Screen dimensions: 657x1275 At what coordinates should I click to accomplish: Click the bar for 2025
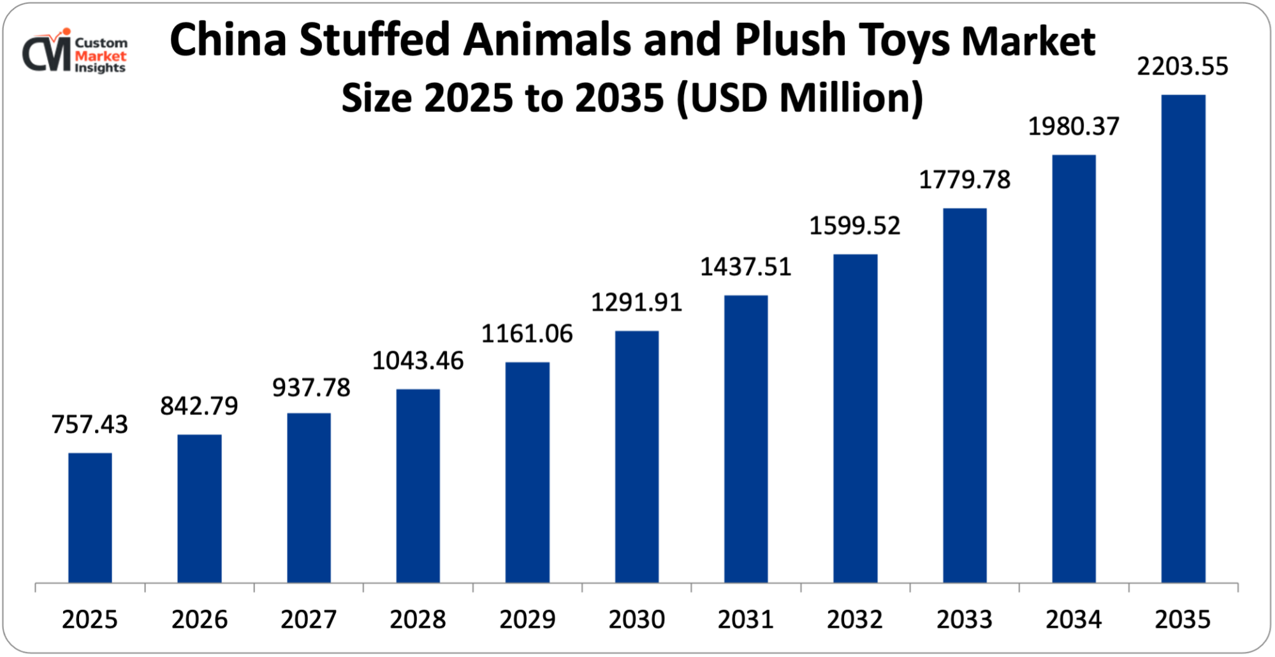point(90,517)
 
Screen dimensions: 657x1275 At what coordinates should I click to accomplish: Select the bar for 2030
point(637,456)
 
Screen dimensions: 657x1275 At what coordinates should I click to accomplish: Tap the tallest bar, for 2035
point(1183,338)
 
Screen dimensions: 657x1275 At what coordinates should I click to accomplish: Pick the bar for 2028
point(418,486)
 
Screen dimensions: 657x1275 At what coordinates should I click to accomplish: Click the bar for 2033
point(965,395)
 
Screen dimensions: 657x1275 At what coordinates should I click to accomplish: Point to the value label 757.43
point(90,424)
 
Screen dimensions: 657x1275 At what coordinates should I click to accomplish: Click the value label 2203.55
point(1183,66)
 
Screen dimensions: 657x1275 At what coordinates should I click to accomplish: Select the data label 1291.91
point(636,302)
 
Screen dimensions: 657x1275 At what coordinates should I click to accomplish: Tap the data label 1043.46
point(418,361)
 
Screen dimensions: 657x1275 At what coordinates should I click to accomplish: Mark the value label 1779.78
point(965,180)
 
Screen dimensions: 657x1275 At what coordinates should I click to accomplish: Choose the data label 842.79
point(199,405)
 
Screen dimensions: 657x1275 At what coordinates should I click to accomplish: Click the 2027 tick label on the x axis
point(309,619)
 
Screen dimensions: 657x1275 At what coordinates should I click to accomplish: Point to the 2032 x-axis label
point(855,619)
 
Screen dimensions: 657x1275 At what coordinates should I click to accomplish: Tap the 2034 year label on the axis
point(1074,619)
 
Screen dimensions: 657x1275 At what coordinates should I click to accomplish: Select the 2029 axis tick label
point(527,619)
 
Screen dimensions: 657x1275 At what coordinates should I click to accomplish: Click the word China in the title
point(228,40)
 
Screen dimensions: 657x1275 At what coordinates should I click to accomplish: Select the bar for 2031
point(746,438)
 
